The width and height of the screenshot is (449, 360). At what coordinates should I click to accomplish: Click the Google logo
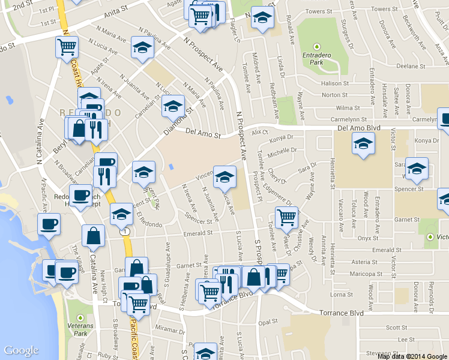[22, 351]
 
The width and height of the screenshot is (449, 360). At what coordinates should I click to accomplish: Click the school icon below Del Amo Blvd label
[363, 143]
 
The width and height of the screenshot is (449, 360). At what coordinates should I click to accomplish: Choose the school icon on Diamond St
[173, 106]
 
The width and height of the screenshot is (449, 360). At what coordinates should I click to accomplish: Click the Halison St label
[335, 83]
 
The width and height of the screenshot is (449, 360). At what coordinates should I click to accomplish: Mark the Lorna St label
[341, 295]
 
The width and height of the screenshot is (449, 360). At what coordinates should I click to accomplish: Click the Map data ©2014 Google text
[412, 356]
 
